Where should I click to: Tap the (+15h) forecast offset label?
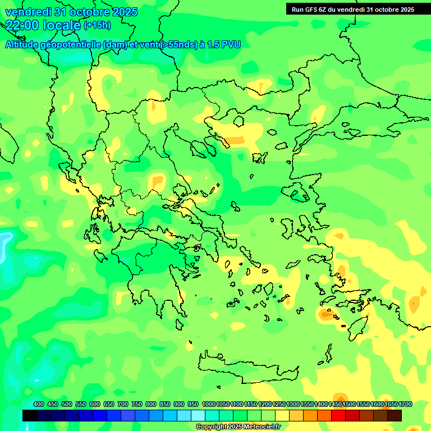pyautogui.click(x=97, y=25)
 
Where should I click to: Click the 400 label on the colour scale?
pyautogui.click(x=39, y=404)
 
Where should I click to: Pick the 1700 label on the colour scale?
pyautogui.click(x=405, y=404)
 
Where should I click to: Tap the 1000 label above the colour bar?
pyautogui.click(x=209, y=404)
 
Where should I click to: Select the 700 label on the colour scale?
pyautogui.click(x=123, y=404)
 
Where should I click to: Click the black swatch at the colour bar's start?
pyautogui.click(x=30, y=415)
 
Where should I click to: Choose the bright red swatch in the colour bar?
pyautogui.click(x=338, y=415)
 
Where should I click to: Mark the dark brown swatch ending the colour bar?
pyautogui.click(x=395, y=415)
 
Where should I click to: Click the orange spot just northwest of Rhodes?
pyautogui.click(x=326, y=315)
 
